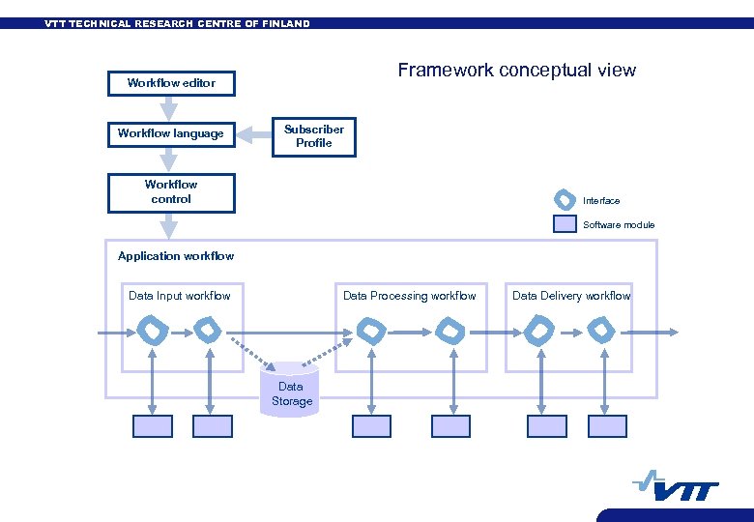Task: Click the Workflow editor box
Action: click(170, 83)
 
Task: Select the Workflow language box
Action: click(170, 133)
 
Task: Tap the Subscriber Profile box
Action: click(314, 136)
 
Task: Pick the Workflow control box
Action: click(170, 191)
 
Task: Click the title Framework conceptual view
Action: click(516, 70)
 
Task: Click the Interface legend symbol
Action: click(565, 200)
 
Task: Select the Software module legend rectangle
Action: click(565, 224)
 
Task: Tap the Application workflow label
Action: click(176, 256)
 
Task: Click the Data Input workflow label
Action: click(180, 296)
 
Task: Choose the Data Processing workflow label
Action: click(409, 296)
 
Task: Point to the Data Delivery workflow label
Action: click(571, 296)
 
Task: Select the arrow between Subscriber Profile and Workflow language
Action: click(253, 134)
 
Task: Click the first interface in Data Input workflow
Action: click(153, 332)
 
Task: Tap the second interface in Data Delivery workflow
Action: click(600, 332)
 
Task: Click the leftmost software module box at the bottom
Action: click(153, 426)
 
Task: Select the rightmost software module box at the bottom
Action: click(608, 426)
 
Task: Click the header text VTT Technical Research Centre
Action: click(177, 24)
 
